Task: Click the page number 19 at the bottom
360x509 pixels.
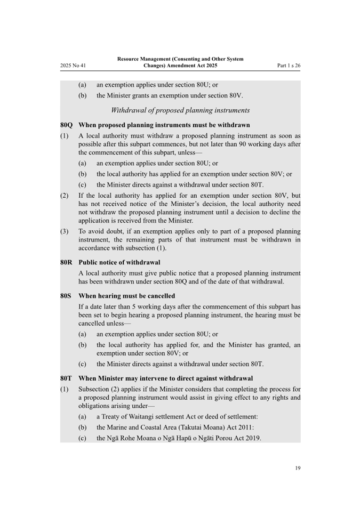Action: point(298,468)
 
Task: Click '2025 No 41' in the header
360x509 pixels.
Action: point(73,66)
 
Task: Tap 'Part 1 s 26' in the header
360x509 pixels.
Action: point(289,66)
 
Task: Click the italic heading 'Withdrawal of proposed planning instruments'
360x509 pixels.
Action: point(180,110)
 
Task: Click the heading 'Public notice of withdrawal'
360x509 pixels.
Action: point(119,262)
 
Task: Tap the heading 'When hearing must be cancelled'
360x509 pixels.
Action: point(126,296)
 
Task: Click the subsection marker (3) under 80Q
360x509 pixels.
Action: point(65,232)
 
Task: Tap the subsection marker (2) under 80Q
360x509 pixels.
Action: point(65,196)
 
